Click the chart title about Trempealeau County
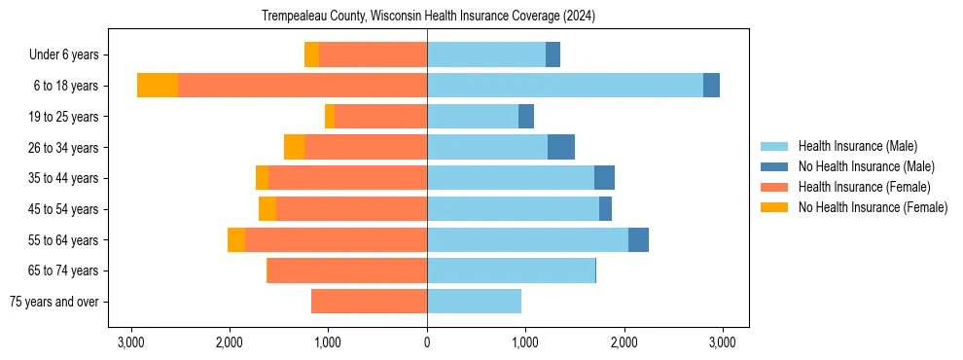tap(428, 17)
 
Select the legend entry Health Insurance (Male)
tap(857, 146)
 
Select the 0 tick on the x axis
tap(427, 342)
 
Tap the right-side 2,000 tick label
tap(624, 342)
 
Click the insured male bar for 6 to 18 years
tap(564, 86)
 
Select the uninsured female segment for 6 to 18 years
tap(158, 86)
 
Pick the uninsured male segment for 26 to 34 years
tap(561, 147)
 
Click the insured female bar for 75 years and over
tap(369, 302)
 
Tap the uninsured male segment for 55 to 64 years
tap(638, 239)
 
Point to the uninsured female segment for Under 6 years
tap(311, 55)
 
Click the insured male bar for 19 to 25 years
tap(473, 117)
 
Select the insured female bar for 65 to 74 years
tap(346, 270)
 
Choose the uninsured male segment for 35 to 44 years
tap(604, 178)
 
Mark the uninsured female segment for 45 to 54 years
tap(267, 209)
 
